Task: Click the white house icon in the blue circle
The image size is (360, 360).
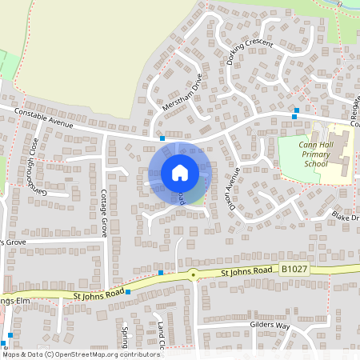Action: pyautogui.click(x=180, y=173)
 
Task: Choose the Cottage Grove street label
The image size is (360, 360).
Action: pyautogui.click(x=104, y=213)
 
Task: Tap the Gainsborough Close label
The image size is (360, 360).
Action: pyautogui.click(x=38, y=166)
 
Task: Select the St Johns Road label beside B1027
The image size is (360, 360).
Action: pyautogui.click(x=246, y=273)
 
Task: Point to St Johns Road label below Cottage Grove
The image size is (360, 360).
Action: pyautogui.click(x=98, y=295)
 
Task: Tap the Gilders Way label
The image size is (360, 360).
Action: pyautogui.click(x=270, y=326)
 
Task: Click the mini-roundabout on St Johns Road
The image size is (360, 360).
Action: pyautogui.click(x=193, y=274)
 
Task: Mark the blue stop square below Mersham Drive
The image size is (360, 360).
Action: pyautogui.click(x=162, y=138)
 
